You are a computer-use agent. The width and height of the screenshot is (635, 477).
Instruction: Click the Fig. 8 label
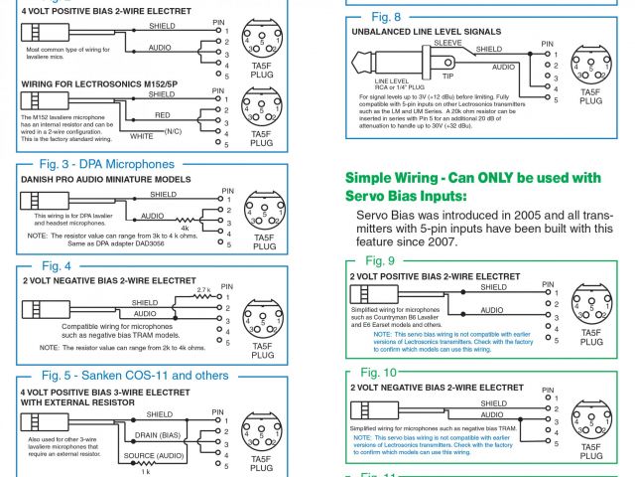click(385, 17)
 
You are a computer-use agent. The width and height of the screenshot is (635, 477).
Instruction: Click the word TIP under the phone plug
click(447, 76)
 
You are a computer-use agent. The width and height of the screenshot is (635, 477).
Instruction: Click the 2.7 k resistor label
click(203, 289)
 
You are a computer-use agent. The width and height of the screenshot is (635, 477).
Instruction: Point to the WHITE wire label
click(142, 135)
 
